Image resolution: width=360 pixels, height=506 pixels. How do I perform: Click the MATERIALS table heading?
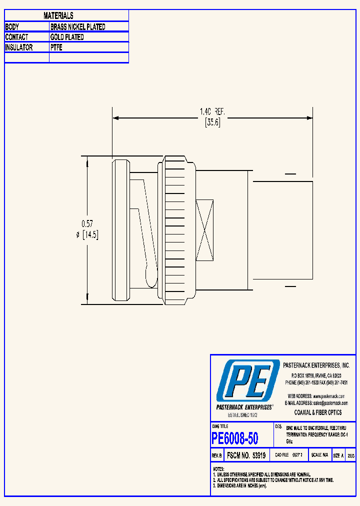[x=58, y=16]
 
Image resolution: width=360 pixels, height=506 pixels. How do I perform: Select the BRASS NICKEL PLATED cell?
[x=77, y=27]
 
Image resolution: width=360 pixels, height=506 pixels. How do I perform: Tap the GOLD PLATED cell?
[x=67, y=37]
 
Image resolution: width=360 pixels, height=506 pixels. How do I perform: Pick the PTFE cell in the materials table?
[x=56, y=47]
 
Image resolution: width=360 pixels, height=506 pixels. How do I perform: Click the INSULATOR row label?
[x=19, y=47]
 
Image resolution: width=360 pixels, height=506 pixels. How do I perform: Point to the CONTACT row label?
[x=16, y=37]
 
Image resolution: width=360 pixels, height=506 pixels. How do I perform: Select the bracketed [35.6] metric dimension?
[x=212, y=123]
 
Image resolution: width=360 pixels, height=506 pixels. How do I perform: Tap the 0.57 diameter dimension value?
[x=87, y=224]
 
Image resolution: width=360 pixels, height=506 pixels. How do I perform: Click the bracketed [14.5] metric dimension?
[x=90, y=235]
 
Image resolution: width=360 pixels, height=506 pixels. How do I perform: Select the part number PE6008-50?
[x=235, y=438]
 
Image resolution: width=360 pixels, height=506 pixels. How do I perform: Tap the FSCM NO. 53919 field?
[x=246, y=455]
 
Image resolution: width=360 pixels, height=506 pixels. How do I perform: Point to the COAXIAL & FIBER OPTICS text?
[x=318, y=412]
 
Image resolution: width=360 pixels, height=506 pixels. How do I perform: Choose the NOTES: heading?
[x=218, y=469]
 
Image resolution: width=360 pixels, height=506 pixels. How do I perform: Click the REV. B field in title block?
[x=216, y=455]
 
